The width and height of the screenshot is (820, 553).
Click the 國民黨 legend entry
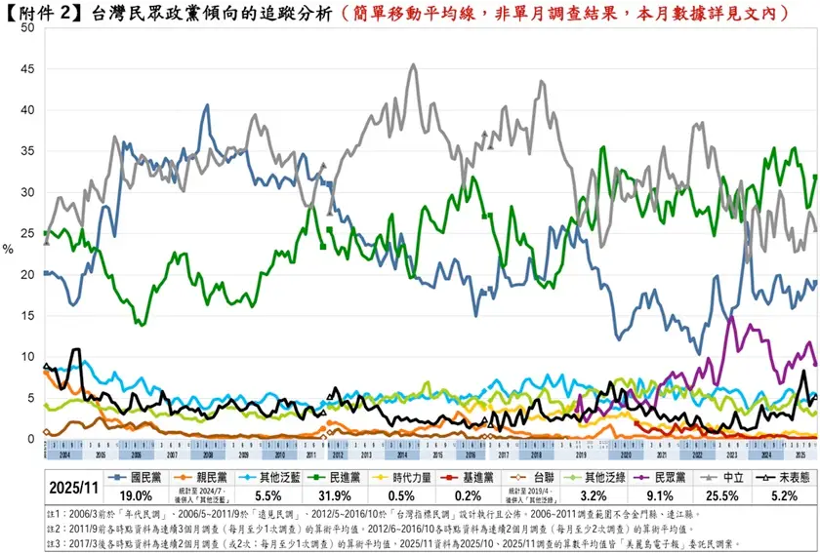pyautogui.click(x=139, y=477)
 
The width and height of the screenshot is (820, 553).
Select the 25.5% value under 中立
pyautogui.click(x=728, y=495)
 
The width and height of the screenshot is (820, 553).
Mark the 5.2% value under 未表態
pyautogui.click(x=786, y=495)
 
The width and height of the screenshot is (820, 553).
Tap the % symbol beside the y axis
pyautogui.click(x=8, y=249)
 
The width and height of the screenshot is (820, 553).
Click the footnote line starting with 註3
pyautogui.click(x=390, y=542)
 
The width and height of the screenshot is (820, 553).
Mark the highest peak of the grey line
pyautogui.click(x=414, y=65)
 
